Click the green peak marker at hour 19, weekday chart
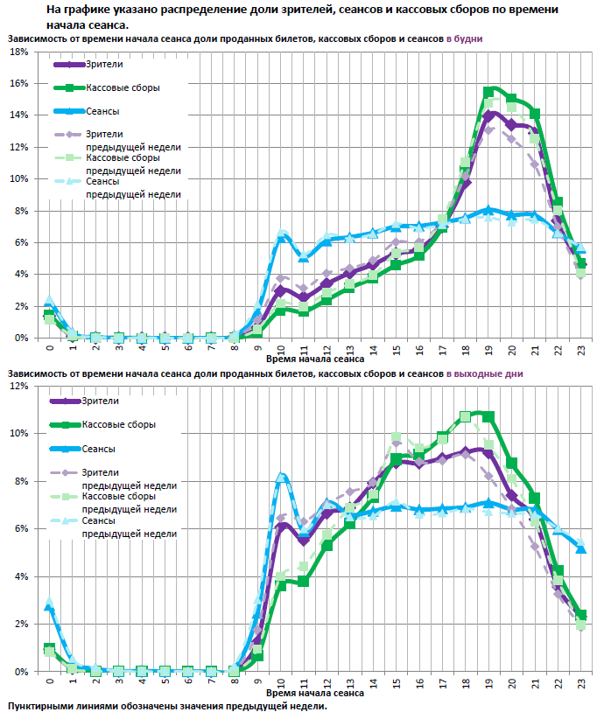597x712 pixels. pyautogui.click(x=488, y=92)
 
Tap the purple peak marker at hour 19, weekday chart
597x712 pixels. pyautogui.click(x=488, y=115)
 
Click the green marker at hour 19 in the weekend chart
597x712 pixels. pyautogui.click(x=488, y=416)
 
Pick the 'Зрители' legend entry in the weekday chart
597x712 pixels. pyautogui.click(x=104, y=65)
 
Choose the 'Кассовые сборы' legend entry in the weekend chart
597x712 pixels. pyautogui.click(x=120, y=424)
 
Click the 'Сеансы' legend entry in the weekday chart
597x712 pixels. pyautogui.click(x=102, y=111)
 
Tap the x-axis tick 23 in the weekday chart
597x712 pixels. pyautogui.click(x=581, y=348)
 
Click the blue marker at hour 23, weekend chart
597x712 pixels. pyautogui.click(x=581, y=548)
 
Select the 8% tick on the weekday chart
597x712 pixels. pyautogui.click(x=18, y=211)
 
